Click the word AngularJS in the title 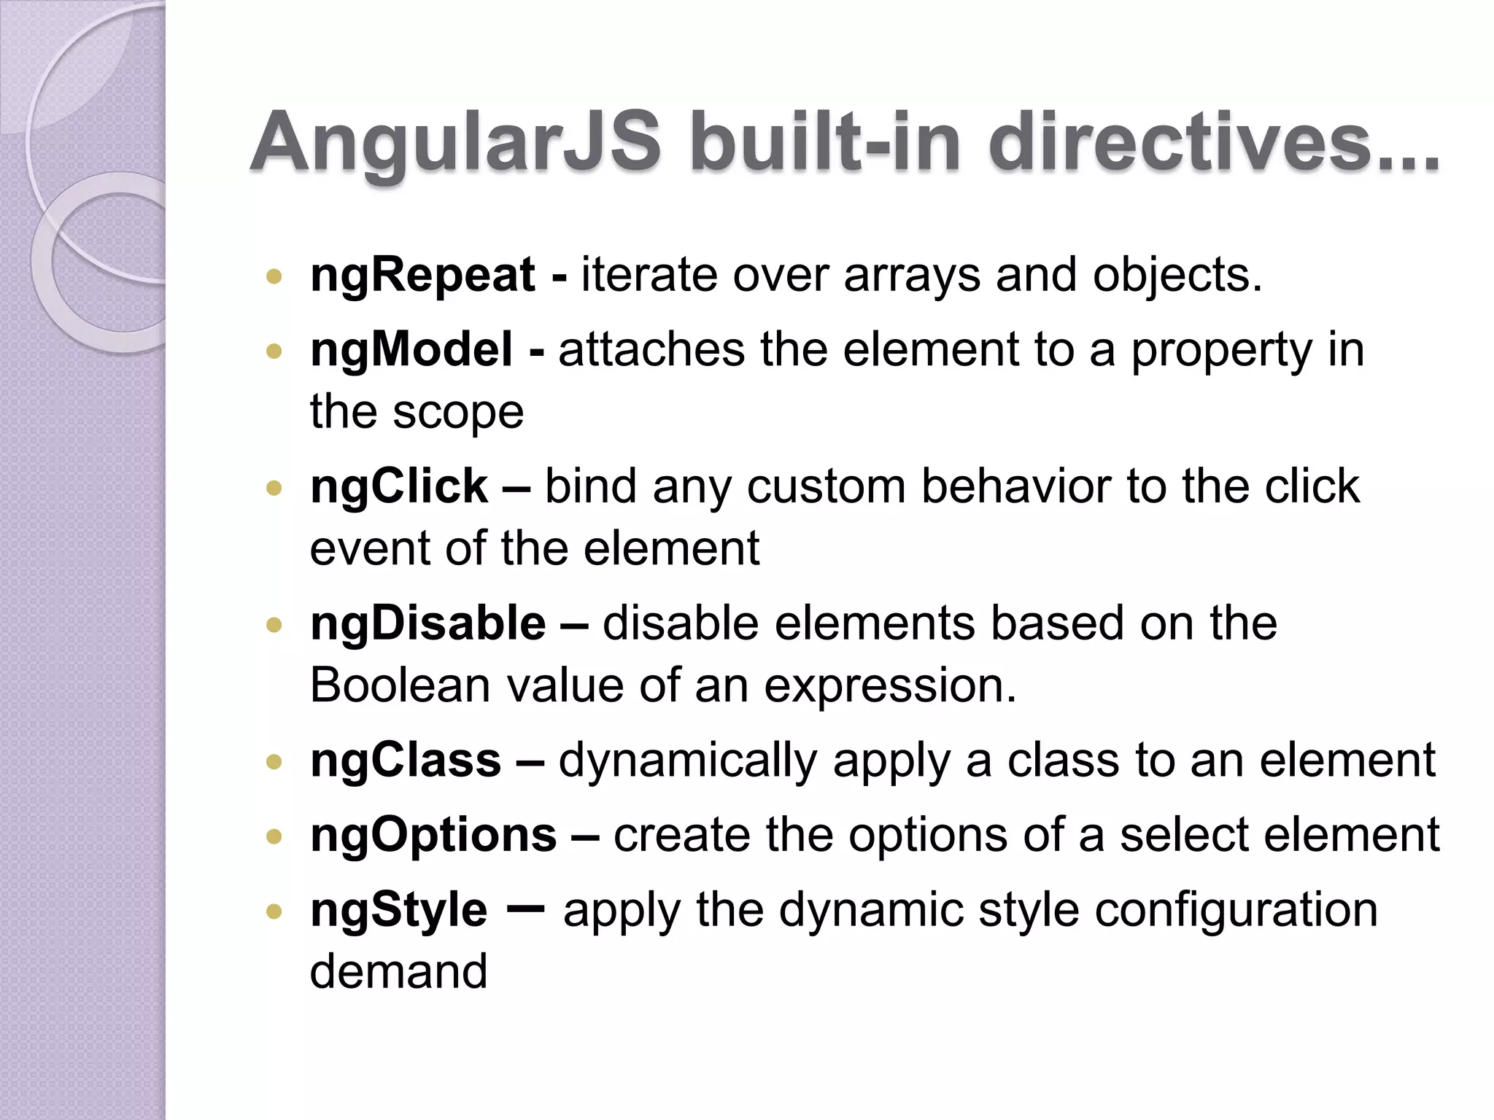pyautogui.click(x=456, y=142)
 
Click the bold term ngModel pyautogui.click(x=411, y=350)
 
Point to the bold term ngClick pyautogui.click(x=398, y=486)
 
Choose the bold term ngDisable pyautogui.click(x=428, y=624)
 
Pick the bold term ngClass pyautogui.click(x=406, y=761)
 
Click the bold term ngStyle pyautogui.click(x=398, y=911)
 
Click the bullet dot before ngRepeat pyautogui.click(x=274, y=276)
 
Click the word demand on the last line pyautogui.click(x=398, y=971)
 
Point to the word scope pyautogui.click(x=458, y=413)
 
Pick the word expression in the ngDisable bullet pyautogui.click(x=890, y=687)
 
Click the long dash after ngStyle pyautogui.click(x=525, y=909)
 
